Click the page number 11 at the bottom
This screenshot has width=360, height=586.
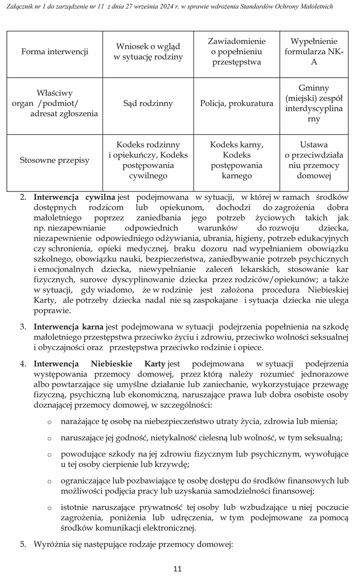pos(177,569)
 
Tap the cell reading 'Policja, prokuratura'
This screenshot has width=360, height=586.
pos(236,104)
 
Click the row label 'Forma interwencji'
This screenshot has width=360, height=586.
pos(55,52)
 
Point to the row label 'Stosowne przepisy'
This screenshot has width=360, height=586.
pos(55,160)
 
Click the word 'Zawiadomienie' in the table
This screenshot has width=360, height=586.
pos(236,41)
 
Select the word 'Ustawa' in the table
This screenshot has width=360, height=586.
pos(314,145)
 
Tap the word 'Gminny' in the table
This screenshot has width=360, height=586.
pos(314,87)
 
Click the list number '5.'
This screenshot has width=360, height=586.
pos(23,544)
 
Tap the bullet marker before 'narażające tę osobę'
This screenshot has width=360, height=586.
pos(49,421)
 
